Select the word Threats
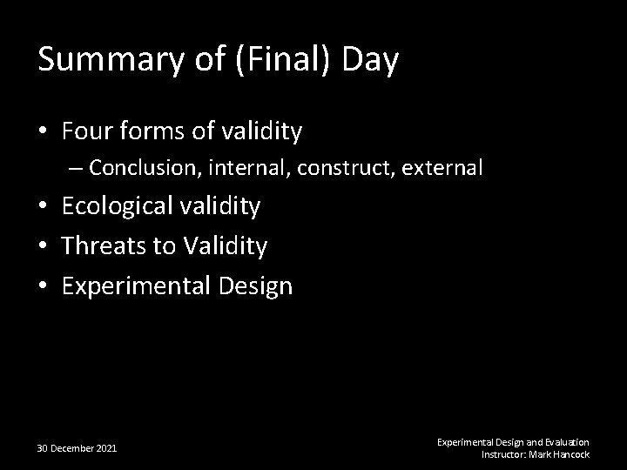point(104,246)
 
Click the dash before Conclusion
point(78,167)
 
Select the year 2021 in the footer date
point(106,448)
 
